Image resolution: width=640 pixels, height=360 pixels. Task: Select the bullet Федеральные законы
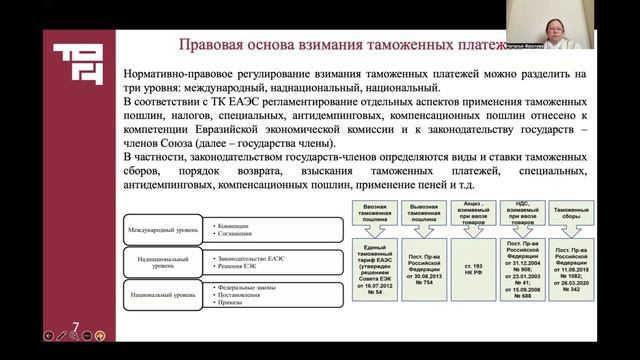[x=246, y=287]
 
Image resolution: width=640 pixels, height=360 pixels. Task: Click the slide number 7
[x=78, y=323]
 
